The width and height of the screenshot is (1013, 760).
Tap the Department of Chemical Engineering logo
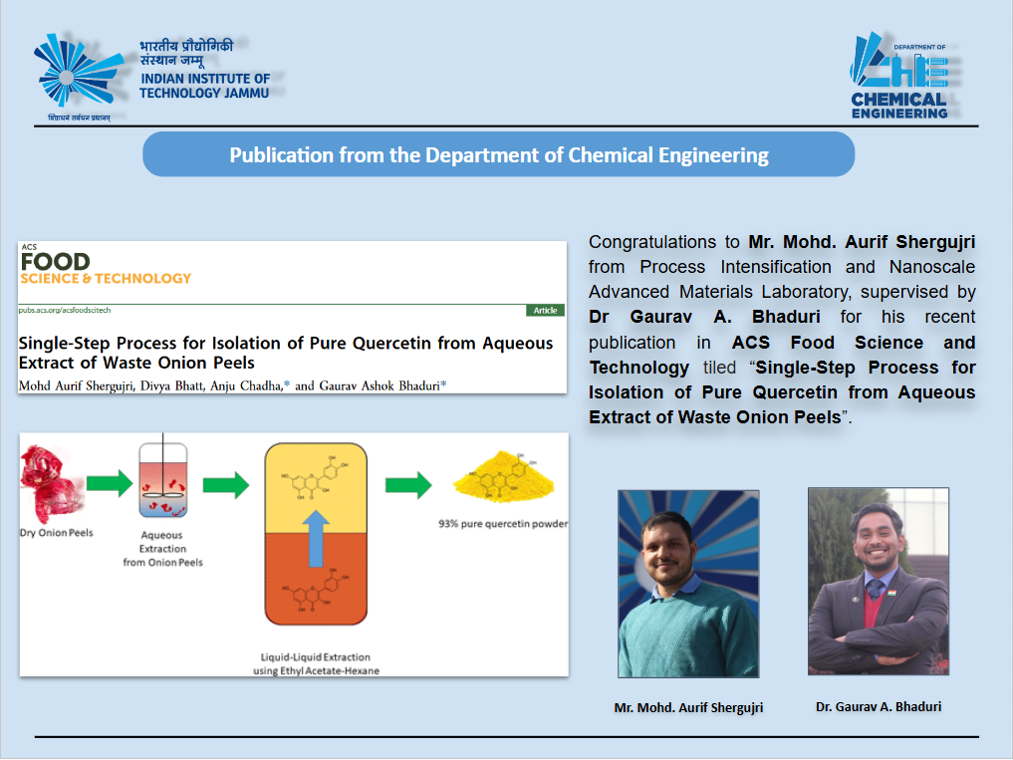click(899, 76)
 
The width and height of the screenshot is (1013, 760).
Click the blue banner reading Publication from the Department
click(499, 154)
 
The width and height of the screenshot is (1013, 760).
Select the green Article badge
click(545, 310)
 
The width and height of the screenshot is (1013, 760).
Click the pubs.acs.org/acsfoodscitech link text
click(65, 310)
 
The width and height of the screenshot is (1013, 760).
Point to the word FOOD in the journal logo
click(56, 262)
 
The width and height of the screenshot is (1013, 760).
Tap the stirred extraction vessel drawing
click(163, 479)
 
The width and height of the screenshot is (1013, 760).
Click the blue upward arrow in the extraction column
click(316, 538)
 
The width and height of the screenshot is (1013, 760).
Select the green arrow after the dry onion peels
click(110, 483)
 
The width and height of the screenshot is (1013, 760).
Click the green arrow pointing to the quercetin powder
click(408, 485)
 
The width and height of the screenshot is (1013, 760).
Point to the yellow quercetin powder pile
click(504, 477)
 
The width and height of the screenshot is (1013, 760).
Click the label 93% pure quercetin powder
click(503, 524)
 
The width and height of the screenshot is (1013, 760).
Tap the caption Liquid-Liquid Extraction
click(316, 657)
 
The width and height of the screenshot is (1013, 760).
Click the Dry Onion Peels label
click(56, 533)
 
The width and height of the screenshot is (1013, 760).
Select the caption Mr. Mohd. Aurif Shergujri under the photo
click(688, 707)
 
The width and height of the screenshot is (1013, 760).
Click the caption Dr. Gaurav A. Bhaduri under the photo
click(879, 707)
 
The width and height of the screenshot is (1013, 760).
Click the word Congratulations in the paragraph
click(652, 242)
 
